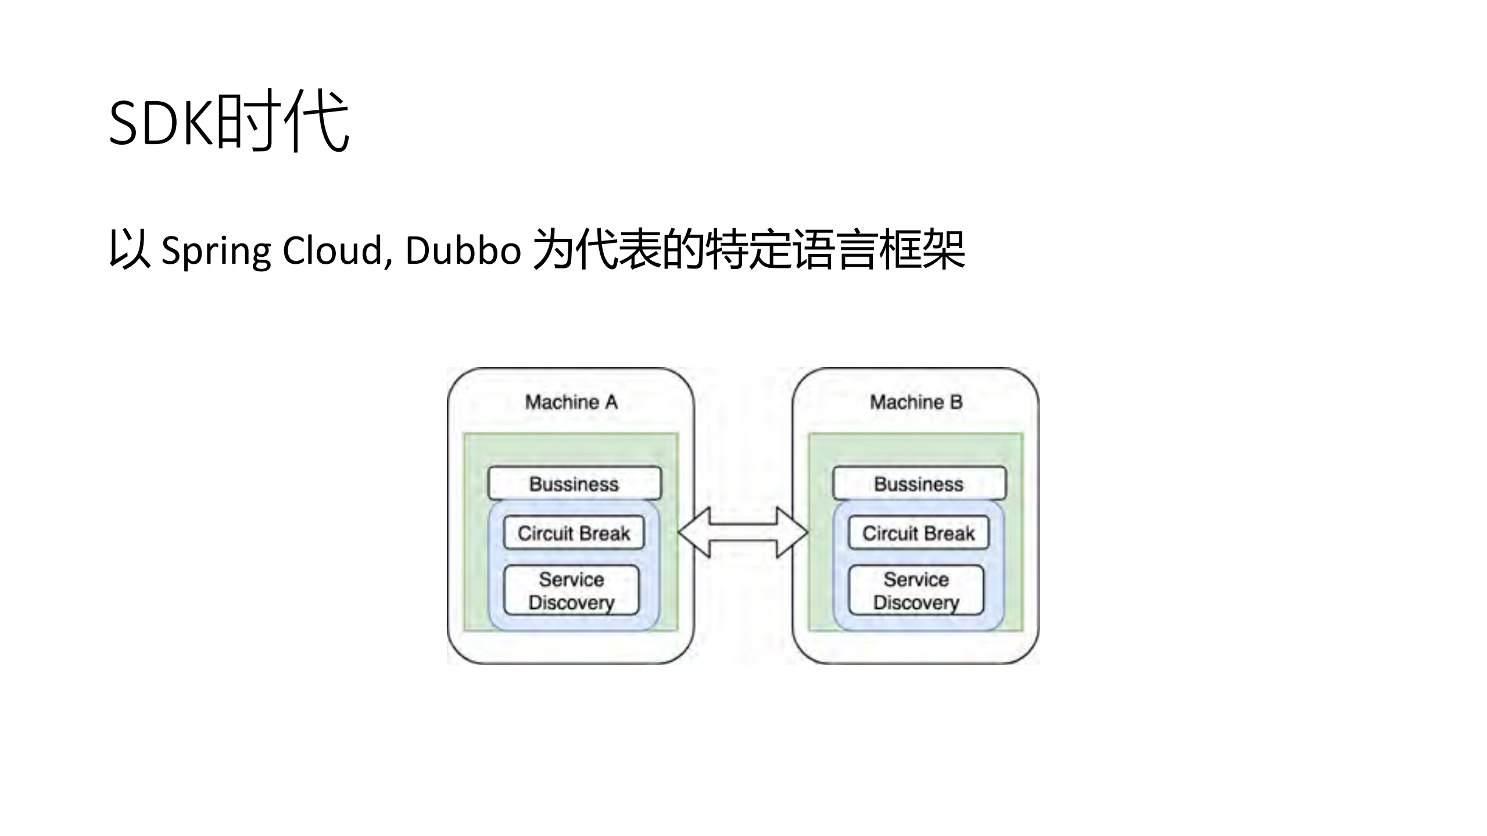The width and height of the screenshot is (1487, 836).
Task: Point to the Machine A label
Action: [571, 402]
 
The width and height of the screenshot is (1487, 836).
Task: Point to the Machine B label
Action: [916, 402]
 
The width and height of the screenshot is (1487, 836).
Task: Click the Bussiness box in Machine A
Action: [574, 483]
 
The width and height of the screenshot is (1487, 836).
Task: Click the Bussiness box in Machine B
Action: [919, 483]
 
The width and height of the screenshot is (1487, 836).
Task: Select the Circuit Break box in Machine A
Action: [574, 533]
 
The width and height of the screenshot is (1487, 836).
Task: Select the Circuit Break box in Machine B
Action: [918, 533]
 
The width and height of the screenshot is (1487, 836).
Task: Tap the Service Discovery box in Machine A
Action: [571, 590]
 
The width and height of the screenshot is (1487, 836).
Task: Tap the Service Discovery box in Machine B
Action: [916, 590]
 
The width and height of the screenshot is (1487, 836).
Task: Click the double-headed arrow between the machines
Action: [743, 532]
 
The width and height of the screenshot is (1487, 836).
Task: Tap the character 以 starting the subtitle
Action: [129, 250]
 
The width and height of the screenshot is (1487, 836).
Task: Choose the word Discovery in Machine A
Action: [571, 602]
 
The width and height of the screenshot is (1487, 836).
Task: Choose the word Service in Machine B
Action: [916, 579]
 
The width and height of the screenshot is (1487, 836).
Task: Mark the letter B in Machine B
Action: [956, 402]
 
